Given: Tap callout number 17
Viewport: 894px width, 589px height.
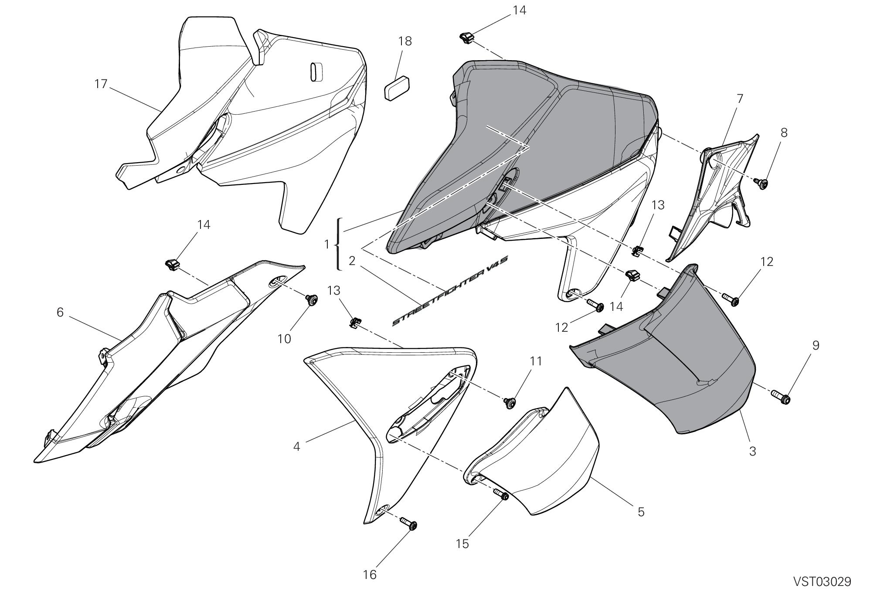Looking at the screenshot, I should point(101,84).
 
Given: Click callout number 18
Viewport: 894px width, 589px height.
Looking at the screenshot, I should point(405,41).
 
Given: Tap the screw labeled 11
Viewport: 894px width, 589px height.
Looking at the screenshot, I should point(509,402).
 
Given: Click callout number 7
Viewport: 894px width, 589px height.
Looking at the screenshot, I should point(739,99).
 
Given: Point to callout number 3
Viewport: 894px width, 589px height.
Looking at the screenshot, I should point(752,451).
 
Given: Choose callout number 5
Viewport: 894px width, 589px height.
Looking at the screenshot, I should point(641,511).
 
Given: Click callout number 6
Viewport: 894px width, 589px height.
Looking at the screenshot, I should point(60,312).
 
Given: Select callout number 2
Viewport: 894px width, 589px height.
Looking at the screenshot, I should point(352,261).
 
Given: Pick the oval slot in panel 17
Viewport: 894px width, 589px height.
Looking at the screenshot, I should point(315,71).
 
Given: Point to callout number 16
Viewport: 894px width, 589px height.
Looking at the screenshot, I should point(370,575).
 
